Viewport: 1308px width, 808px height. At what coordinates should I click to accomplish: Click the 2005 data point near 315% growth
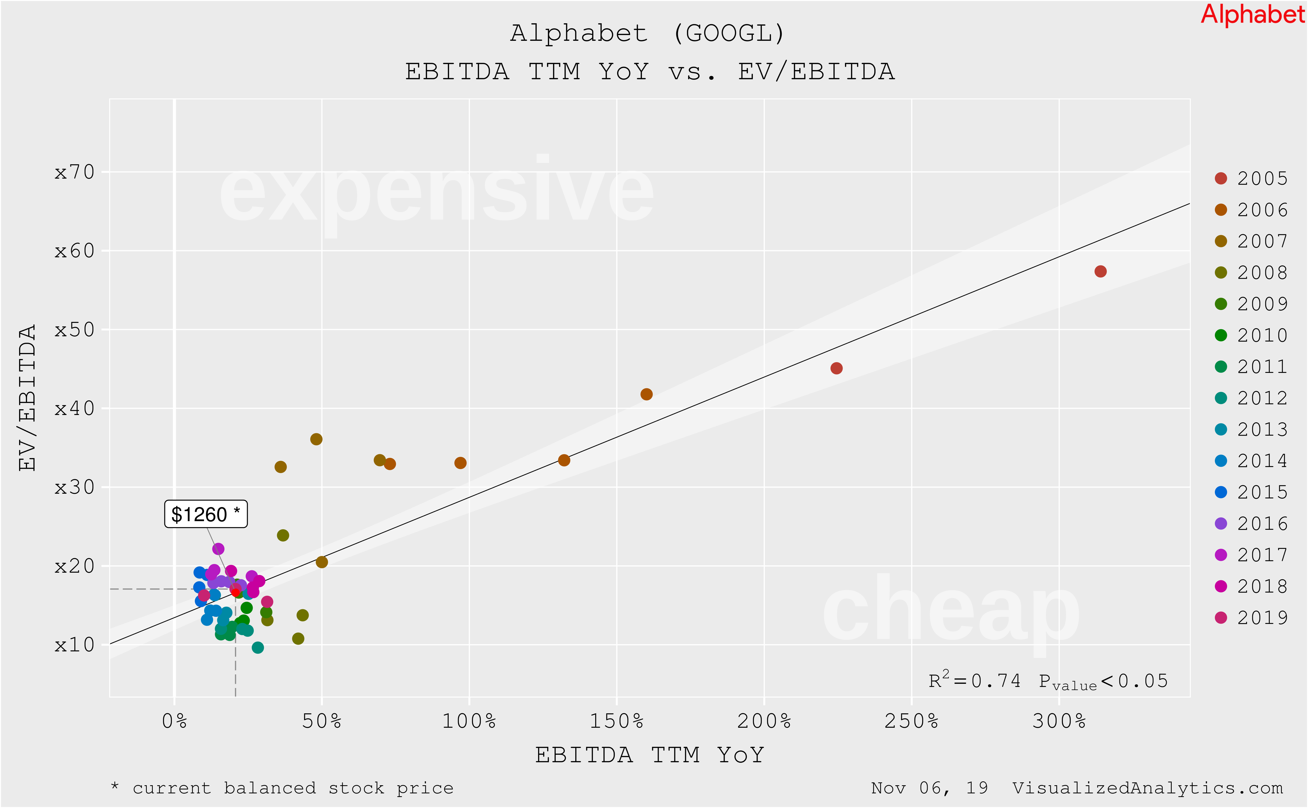click(x=1100, y=271)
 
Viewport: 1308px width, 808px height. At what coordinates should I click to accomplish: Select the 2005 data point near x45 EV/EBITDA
click(x=837, y=368)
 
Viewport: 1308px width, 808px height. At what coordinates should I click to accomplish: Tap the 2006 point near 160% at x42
click(x=646, y=394)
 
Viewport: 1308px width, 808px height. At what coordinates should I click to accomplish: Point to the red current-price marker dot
click(x=235, y=591)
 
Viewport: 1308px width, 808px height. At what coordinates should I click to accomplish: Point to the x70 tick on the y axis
click(x=75, y=172)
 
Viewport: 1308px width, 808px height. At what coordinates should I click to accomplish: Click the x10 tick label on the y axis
click(x=75, y=645)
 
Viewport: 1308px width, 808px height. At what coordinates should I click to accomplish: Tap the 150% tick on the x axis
click(x=616, y=721)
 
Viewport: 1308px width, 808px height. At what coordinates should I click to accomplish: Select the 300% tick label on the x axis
click(x=1059, y=721)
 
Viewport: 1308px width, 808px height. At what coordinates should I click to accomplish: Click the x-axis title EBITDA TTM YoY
click(x=650, y=755)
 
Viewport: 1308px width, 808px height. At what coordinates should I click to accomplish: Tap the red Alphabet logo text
click(x=1252, y=14)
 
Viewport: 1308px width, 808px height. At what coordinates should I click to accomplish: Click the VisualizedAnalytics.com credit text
click(x=1147, y=788)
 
